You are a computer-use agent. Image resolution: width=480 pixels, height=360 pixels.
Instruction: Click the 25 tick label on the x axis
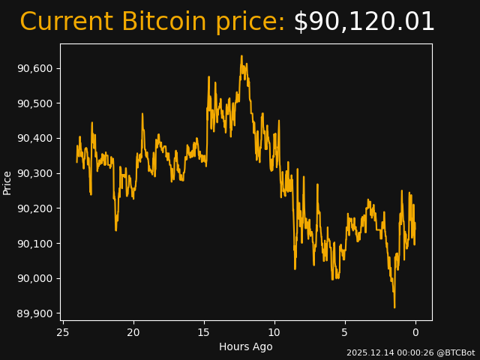pyautogui.click(x=63, y=332)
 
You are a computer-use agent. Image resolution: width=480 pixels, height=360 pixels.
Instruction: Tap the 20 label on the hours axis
pyautogui.click(x=133, y=332)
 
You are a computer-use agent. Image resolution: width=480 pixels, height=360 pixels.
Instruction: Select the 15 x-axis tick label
pyautogui.click(x=204, y=332)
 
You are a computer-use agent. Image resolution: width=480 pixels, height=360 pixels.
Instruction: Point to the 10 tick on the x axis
pyautogui.click(x=274, y=332)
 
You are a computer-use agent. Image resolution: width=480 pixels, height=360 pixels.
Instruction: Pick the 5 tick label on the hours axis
pyautogui.click(x=345, y=332)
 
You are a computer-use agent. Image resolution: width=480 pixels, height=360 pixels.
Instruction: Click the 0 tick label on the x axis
pyautogui.click(x=415, y=332)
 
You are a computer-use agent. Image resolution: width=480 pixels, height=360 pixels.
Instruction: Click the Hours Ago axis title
pyautogui.click(x=246, y=346)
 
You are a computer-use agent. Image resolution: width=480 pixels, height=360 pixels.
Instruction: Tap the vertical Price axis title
pyautogui.click(x=7, y=182)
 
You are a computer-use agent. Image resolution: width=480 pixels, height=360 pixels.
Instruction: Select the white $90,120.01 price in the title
pyautogui.click(x=364, y=22)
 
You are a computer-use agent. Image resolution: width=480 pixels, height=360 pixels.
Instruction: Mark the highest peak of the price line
pyautogui.click(x=241, y=56)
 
